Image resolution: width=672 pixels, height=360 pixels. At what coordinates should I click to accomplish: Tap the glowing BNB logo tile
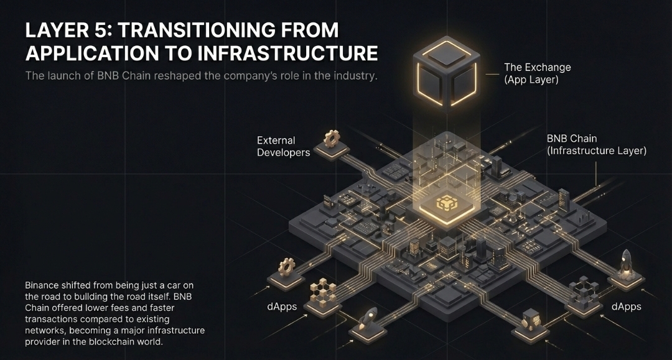[447, 204]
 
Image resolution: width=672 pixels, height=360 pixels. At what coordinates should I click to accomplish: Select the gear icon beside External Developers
[332, 137]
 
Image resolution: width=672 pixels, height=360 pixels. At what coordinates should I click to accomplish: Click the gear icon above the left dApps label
[286, 268]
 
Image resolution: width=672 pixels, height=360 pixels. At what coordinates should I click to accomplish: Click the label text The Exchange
[537, 67]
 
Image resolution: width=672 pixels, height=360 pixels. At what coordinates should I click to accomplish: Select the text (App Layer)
[531, 80]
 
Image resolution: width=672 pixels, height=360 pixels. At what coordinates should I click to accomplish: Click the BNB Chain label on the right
[572, 138]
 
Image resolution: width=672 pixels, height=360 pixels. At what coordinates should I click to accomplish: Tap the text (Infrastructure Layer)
[596, 150]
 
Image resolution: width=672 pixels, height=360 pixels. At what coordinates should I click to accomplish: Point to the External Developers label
[283, 146]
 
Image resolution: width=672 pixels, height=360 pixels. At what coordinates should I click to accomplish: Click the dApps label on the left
[273, 307]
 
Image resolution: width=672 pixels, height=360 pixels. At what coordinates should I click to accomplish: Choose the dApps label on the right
[626, 307]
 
